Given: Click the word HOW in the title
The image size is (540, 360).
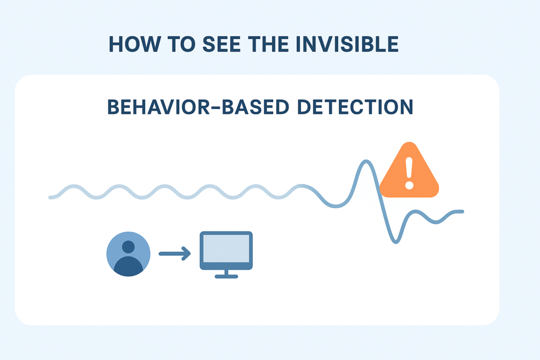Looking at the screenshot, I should (130, 45).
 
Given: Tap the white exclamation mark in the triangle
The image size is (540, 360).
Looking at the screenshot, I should (409, 172).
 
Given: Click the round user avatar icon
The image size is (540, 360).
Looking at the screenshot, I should (128, 255).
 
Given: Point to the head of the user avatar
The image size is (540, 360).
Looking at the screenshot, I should (128, 247).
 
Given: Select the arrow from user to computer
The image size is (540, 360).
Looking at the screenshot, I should (175, 255).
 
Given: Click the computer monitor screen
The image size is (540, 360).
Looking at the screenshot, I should (226, 248).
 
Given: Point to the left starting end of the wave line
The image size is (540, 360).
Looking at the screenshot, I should (50, 198).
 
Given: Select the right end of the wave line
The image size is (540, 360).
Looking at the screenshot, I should (462, 212).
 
